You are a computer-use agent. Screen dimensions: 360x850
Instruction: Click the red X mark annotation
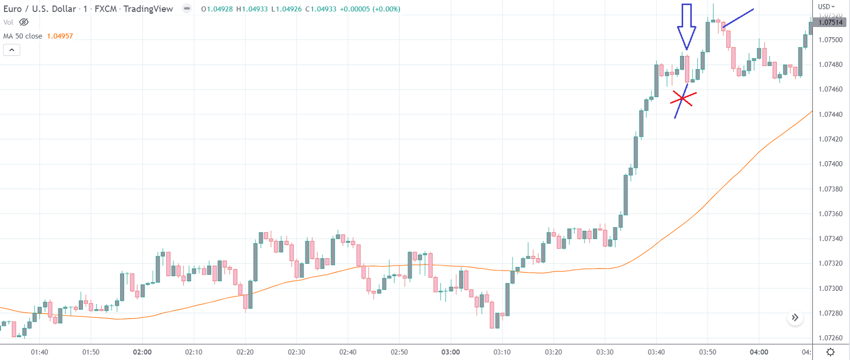(682, 99)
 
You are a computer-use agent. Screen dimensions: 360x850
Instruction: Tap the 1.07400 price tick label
(830, 164)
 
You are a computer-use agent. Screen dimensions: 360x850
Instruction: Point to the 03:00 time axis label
(450, 352)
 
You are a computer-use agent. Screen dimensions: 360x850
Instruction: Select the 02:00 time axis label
(142, 352)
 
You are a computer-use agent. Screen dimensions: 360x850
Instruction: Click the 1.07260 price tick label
(830, 338)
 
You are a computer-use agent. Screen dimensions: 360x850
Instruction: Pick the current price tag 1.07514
(830, 22)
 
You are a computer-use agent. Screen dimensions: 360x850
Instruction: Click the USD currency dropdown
(826, 7)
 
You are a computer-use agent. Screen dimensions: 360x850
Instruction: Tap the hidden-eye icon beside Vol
(24, 22)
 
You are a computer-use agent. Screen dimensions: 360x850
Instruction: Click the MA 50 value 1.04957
(60, 36)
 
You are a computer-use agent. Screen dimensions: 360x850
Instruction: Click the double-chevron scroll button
(795, 318)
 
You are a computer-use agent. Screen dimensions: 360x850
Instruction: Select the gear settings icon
(830, 352)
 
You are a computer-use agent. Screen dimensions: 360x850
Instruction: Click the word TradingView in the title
(148, 9)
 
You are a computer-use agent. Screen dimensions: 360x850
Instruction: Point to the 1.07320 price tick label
(830, 263)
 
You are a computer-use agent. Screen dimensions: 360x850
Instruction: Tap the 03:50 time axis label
(707, 352)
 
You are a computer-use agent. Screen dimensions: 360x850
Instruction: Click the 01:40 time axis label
(40, 352)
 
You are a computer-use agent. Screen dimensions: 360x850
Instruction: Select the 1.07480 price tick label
(830, 65)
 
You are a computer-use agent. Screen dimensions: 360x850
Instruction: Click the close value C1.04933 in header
(321, 9)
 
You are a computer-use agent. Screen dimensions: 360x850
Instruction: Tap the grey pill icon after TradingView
(187, 9)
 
